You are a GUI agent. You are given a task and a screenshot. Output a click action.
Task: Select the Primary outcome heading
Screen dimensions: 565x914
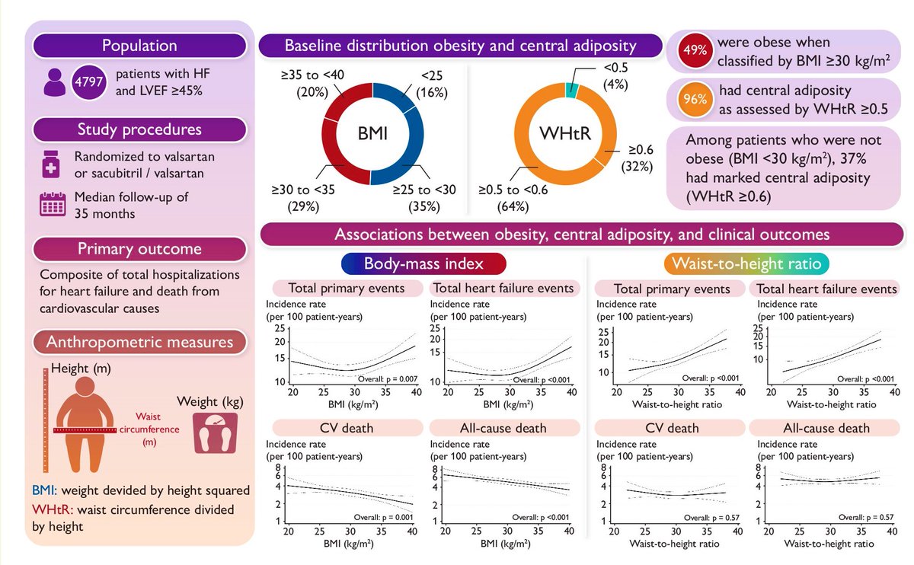(139, 249)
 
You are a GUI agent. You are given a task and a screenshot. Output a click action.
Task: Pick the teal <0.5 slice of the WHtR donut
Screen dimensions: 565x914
(572, 89)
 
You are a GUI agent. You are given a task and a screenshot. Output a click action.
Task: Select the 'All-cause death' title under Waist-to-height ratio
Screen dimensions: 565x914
(824, 427)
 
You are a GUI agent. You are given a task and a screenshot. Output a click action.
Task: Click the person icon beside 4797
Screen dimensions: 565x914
(54, 81)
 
